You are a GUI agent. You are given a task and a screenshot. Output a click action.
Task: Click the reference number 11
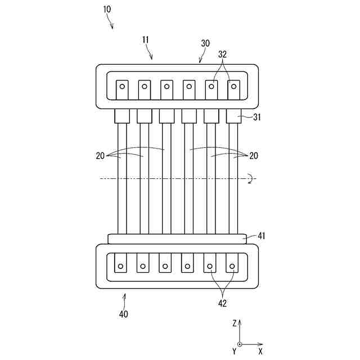pyautogui.click(x=146, y=40)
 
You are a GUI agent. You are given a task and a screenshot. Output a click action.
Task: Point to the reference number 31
pyautogui.click(x=256, y=117)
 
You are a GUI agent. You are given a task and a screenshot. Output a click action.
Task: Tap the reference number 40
pyautogui.click(x=123, y=314)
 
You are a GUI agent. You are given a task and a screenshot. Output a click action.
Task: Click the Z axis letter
pyautogui.click(x=235, y=323)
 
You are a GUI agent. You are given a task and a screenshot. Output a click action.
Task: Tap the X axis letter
pyautogui.click(x=260, y=351)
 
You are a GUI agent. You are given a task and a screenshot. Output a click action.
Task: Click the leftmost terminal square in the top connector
pyautogui.click(x=122, y=88)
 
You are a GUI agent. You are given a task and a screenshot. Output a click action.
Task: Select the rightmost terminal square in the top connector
pyautogui.click(x=233, y=88)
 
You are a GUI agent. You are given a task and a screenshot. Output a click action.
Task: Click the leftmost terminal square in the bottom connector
pyautogui.click(x=121, y=263)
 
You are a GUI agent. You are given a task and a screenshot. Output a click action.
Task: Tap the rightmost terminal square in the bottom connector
pyautogui.click(x=232, y=263)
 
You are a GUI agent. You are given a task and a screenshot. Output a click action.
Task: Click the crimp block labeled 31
pyautogui.click(x=233, y=116)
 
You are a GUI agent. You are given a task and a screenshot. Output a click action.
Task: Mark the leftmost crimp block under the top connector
pyautogui.click(x=122, y=116)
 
